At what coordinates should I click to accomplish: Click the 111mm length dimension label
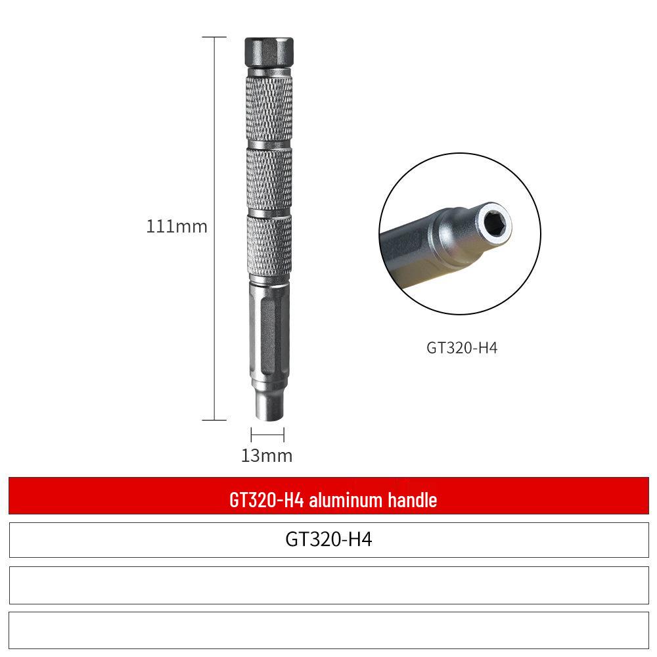[x=176, y=227]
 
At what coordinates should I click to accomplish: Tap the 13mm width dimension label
[x=266, y=455]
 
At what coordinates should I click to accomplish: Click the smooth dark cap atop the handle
[x=269, y=50]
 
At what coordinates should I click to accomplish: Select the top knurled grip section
[x=269, y=108]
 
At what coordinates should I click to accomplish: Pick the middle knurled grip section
[x=269, y=179]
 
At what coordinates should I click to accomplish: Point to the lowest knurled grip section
[x=269, y=247]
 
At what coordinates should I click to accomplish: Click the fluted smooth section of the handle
[x=268, y=328]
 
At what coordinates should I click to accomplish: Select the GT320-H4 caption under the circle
[x=462, y=348]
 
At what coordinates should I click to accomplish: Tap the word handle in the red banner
[x=412, y=500]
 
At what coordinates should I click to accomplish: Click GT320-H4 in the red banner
[x=267, y=500]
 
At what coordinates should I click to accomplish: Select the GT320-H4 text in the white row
[x=328, y=539]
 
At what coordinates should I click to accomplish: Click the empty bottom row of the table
[x=328, y=630]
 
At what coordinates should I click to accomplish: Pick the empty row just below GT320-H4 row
[x=328, y=585]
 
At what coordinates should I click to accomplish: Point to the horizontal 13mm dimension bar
[x=267, y=434]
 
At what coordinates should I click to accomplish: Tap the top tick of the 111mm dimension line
[x=215, y=37]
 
